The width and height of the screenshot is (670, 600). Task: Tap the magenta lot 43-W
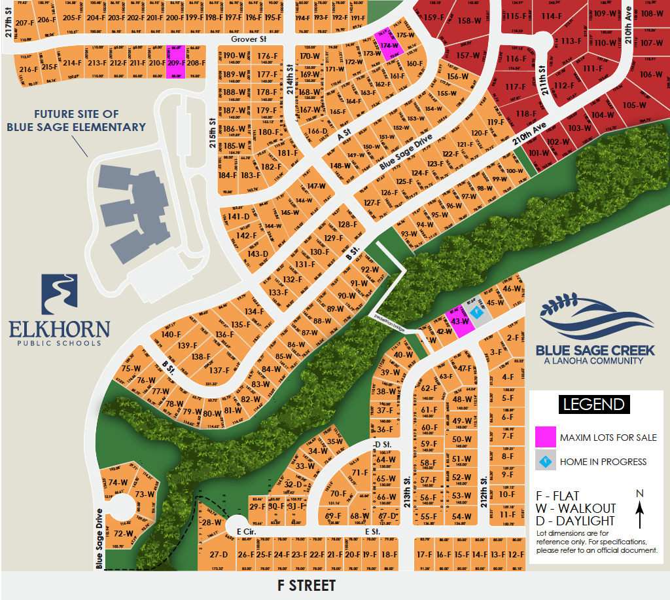[x=460, y=321]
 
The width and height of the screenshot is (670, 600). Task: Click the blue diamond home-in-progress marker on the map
[x=476, y=313]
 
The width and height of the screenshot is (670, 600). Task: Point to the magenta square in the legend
[x=545, y=437]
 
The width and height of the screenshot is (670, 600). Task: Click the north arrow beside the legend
[x=640, y=510]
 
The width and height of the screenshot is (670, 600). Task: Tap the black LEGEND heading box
[x=593, y=404]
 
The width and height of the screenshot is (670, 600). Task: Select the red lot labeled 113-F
[x=571, y=41]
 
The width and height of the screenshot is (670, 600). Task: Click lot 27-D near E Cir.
[x=219, y=554]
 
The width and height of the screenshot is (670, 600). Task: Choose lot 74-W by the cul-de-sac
[x=118, y=483]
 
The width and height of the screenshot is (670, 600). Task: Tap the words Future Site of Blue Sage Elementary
[x=76, y=121]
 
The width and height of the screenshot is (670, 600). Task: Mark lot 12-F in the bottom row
[x=516, y=554]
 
